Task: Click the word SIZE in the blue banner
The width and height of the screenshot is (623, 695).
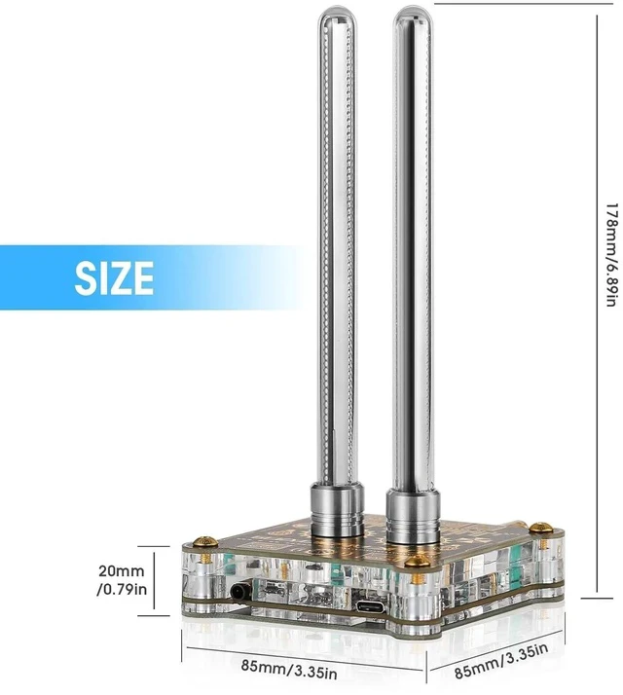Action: (114, 278)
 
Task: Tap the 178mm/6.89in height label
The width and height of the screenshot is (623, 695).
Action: (612, 255)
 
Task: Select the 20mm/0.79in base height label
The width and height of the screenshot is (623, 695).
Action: (122, 580)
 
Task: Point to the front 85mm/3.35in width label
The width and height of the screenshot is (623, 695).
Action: (289, 669)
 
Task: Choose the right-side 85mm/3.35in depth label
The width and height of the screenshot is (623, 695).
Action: (501, 661)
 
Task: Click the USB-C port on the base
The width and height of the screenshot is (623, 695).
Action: (369, 606)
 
